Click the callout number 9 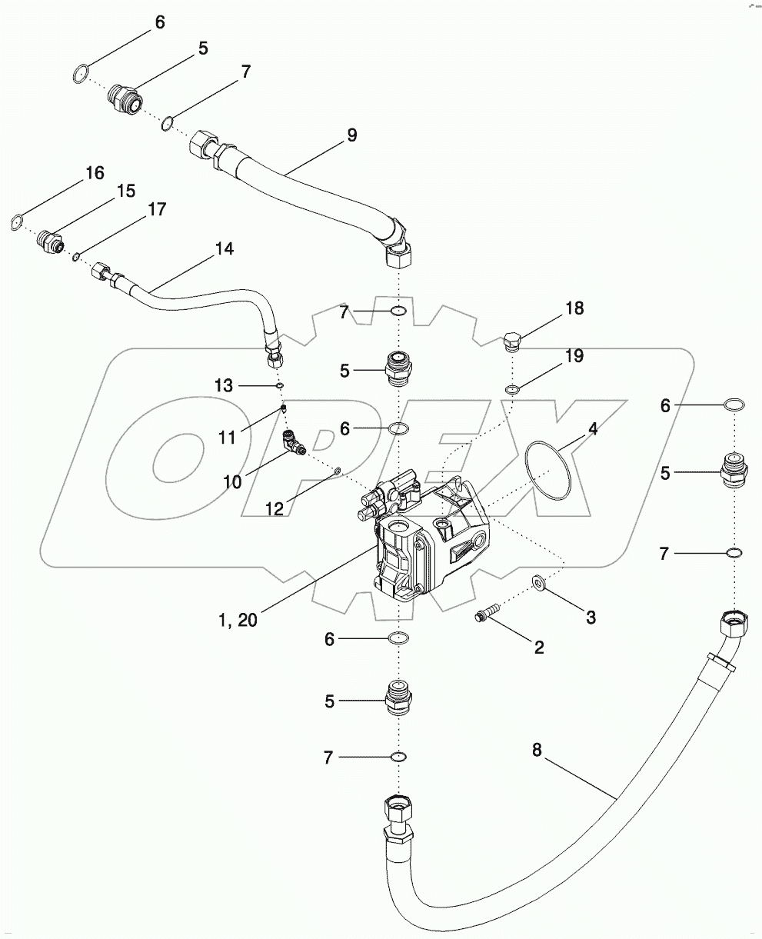click(x=351, y=135)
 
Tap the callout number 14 click(x=224, y=248)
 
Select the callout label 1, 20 click(x=238, y=621)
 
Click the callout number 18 click(x=574, y=308)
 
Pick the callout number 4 click(x=593, y=428)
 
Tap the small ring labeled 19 click(x=511, y=389)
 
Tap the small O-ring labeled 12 click(x=337, y=471)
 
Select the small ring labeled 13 click(x=279, y=386)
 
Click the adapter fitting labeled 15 click(x=50, y=241)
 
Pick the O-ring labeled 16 click(x=17, y=222)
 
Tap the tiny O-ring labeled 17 click(x=76, y=256)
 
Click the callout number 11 click(x=227, y=438)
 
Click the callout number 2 click(x=538, y=648)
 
